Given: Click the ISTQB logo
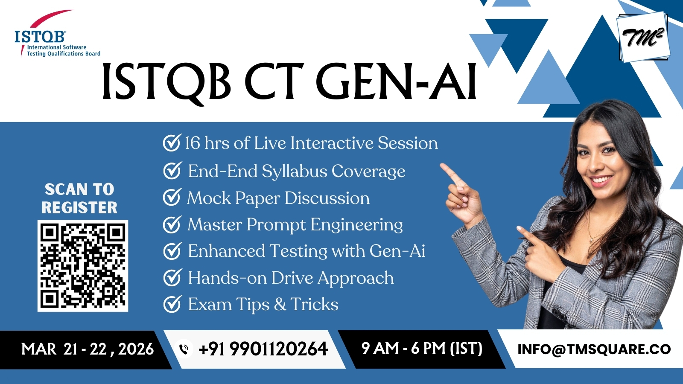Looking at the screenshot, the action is [x=57, y=34].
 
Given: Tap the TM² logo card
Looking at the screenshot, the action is [x=644, y=37].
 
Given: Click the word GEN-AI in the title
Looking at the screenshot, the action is [x=396, y=81].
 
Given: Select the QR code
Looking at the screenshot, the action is [x=83, y=266].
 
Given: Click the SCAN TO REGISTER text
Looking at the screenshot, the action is [x=79, y=198].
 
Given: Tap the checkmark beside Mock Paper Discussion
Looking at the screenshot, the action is [x=172, y=197].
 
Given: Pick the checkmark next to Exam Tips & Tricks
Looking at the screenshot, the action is [x=172, y=304].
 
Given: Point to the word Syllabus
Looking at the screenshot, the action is [x=294, y=172].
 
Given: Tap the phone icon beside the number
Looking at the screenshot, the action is [x=184, y=349].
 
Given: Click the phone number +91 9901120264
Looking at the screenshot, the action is [x=263, y=349].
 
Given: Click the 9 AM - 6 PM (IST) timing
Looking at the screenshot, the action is [x=422, y=348].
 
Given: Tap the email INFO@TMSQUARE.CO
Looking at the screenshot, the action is [x=594, y=349].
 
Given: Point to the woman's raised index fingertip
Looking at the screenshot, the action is [x=443, y=166].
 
